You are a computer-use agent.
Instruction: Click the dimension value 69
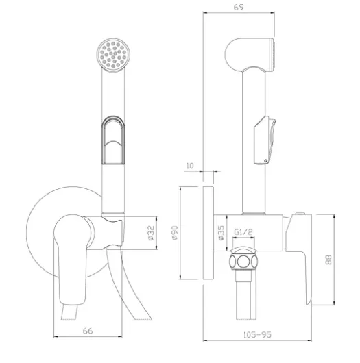click(239, 7)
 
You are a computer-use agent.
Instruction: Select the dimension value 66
click(88, 331)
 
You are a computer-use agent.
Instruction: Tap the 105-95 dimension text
click(257, 334)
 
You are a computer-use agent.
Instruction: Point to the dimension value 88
click(328, 260)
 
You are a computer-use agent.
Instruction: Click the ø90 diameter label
click(175, 233)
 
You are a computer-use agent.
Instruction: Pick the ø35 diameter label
click(221, 233)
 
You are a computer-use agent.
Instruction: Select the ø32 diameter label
click(151, 233)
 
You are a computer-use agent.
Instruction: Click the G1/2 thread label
click(243, 231)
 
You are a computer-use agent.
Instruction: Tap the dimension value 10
click(190, 166)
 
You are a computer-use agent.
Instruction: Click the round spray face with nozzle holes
click(113, 55)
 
